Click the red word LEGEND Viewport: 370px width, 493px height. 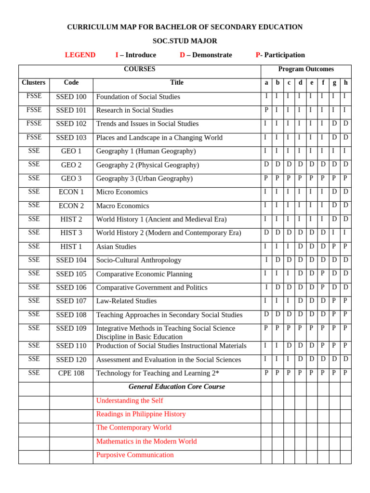coord(80,55)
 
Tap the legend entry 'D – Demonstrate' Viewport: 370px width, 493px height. coord(206,55)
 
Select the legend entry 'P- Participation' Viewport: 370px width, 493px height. coord(280,55)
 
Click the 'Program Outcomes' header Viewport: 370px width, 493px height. coord(306,69)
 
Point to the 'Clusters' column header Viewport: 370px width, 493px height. coord(34,83)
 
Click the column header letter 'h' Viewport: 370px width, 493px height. coord(345,83)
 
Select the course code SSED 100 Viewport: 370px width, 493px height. coord(71,97)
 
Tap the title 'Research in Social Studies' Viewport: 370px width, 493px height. coord(134,110)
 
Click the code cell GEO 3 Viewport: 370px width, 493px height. coord(71,179)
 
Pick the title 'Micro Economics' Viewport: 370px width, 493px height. coord(122,192)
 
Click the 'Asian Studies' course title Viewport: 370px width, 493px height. coord(116,247)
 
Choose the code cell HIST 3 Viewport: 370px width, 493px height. coord(71,233)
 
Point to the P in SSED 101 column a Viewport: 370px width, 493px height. coord(266,110)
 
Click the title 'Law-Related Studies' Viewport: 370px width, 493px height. coord(126,301)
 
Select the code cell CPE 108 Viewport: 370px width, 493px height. coord(71,373)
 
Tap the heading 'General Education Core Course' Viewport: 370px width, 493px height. coord(177,387)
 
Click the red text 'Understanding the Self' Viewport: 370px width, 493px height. coord(130,401)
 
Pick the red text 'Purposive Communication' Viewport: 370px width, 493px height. coord(135,455)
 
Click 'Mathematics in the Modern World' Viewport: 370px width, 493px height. coord(146,441)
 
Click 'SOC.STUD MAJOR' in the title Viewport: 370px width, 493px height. coord(185,41)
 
